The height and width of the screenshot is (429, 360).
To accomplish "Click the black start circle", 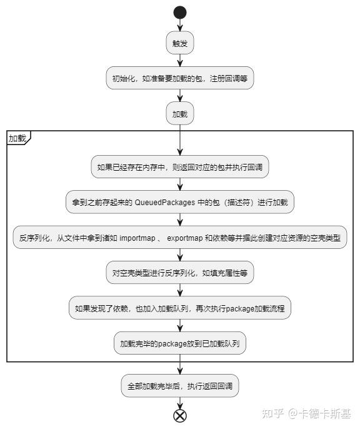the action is pos(180,13).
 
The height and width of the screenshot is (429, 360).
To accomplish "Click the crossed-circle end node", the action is pos(180,416).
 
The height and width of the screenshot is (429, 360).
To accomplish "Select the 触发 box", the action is pos(180,43).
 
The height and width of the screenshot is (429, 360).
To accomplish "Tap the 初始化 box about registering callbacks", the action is pos(180,78).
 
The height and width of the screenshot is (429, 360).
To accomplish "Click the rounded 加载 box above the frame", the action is pos(180,114).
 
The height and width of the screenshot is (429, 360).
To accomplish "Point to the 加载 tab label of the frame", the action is pos(17,138).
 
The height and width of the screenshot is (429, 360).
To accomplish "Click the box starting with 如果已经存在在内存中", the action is pos(180,167).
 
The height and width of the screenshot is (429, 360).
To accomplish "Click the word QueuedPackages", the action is pos(165,203).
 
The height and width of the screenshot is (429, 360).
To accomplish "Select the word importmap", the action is pos(137,238).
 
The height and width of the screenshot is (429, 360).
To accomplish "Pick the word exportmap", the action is pos(185,238).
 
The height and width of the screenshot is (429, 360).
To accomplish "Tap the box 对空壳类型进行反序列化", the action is pos(180,273).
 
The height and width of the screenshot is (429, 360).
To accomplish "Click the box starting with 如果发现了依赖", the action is pos(180,308).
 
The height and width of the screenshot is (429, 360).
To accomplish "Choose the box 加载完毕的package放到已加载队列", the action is pos(180,343).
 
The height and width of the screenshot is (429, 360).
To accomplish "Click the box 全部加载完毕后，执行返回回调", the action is pos(180,386).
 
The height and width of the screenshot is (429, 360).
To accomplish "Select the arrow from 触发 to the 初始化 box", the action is pos(180,60).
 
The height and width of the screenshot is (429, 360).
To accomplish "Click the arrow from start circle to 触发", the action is pos(180,25).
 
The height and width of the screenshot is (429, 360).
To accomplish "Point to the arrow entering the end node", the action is pos(180,403).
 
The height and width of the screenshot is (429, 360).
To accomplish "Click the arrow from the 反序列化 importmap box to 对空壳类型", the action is pos(180,255).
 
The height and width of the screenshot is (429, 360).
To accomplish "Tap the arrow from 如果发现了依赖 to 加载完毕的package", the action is pos(180,326).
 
